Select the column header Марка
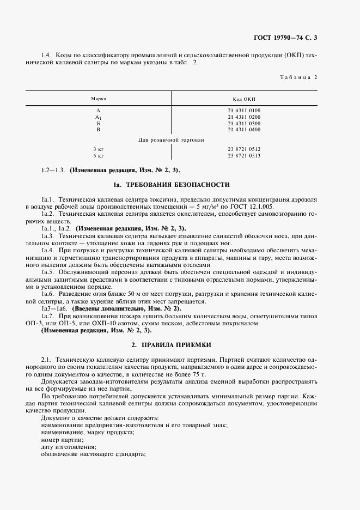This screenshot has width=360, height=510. pyautogui.click(x=99, y=99)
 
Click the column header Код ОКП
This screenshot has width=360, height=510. pyautogui.click(x=244, y=99)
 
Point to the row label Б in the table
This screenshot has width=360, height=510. pyautogui.click(x=99, y=124)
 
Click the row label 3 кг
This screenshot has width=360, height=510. pyautogui.click(x=99, y=149)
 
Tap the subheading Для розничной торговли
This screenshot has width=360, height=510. pyautogui.click(x=171, y=140)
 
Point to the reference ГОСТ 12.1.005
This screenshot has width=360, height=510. pyautogui.click(x=258, y=207)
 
